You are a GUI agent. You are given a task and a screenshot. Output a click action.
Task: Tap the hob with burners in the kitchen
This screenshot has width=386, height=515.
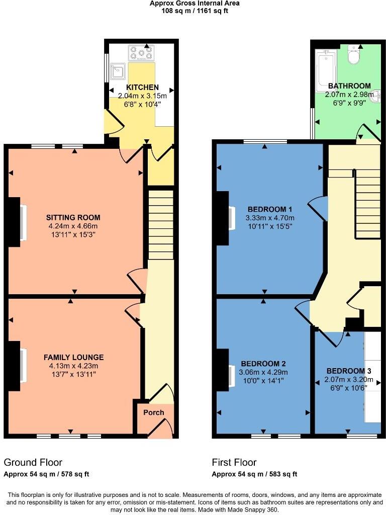pos(142,53)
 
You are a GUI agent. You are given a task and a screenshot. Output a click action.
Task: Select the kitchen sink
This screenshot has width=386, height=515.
pos(119,71)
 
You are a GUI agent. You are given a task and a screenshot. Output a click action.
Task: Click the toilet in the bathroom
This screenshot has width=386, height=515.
pos(355,56)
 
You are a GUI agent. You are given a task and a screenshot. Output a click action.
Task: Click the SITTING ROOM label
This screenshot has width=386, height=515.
pos(73,218)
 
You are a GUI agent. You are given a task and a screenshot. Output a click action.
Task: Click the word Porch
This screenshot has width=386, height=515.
pos(154,412)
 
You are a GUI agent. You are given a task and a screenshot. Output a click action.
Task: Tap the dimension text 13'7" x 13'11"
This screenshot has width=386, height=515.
pos(73,374)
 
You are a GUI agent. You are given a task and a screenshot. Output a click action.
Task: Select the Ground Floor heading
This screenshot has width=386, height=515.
pos(33,462)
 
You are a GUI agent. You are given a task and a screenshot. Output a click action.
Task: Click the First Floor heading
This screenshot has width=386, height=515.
pos(234,462)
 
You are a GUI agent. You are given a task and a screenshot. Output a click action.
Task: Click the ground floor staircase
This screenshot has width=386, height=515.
pos(161,224)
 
